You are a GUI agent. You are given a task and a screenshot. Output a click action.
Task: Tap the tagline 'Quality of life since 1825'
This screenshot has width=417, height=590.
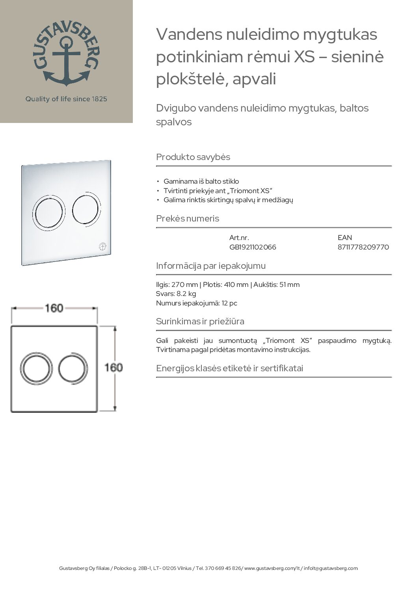coord(66,99)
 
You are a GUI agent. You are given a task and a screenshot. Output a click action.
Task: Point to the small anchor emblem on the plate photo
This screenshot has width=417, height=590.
coord(102,248)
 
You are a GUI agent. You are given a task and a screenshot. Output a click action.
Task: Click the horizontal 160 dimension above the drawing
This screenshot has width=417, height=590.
coord(54,308)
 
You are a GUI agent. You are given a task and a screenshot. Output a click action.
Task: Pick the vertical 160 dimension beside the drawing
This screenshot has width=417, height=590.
coord(114,367)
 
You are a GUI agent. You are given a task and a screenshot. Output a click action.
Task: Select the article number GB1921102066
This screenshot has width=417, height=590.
coord(253,247)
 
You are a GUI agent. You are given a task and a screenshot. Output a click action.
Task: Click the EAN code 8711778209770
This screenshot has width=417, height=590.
coord(363,247)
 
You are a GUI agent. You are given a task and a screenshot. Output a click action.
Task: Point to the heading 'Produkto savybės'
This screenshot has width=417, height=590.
coord(193,157)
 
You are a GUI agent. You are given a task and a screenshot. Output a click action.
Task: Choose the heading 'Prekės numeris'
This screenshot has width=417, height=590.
coord(188,218)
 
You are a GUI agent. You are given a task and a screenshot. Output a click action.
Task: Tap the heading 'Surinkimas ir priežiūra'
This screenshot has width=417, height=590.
coord(200,321)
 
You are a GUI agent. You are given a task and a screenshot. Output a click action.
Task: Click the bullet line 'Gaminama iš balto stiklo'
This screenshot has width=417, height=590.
coord(201,181)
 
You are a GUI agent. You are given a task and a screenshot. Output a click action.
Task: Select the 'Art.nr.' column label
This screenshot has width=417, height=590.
coord(239,238)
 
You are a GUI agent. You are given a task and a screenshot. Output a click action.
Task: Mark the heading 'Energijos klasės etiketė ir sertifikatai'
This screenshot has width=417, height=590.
coord(229,368)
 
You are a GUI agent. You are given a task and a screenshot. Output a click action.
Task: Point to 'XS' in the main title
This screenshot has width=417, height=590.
coord(304,57)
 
